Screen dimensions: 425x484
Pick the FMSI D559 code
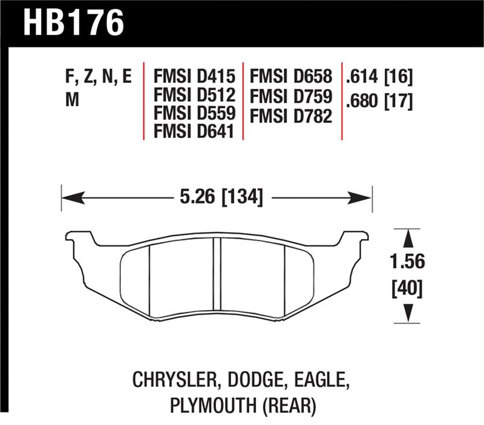tap(193, 114)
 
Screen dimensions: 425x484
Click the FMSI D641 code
tap(193, 131)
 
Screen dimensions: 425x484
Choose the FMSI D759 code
tap(292, 96)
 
